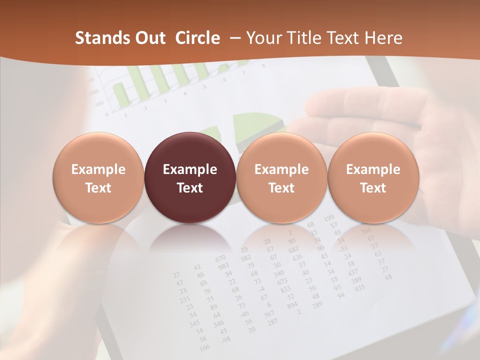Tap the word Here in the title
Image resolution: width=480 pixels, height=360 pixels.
click(x=384, y=38)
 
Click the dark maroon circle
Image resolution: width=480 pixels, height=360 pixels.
click(x=189, y=178)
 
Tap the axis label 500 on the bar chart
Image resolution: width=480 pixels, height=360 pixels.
click(x=99, y=104)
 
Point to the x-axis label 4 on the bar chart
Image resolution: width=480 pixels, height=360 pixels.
click(x=184, y=93)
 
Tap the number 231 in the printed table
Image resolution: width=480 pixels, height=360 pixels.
click(x=185, y=299)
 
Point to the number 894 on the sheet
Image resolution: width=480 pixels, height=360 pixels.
click(x=292, y=305)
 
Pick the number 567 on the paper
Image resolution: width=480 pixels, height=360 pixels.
click(x=269, y=313)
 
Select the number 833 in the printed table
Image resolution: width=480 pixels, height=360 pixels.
click(x=285, y=289)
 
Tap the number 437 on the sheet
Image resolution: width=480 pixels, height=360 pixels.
click(x=353, y=273)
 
